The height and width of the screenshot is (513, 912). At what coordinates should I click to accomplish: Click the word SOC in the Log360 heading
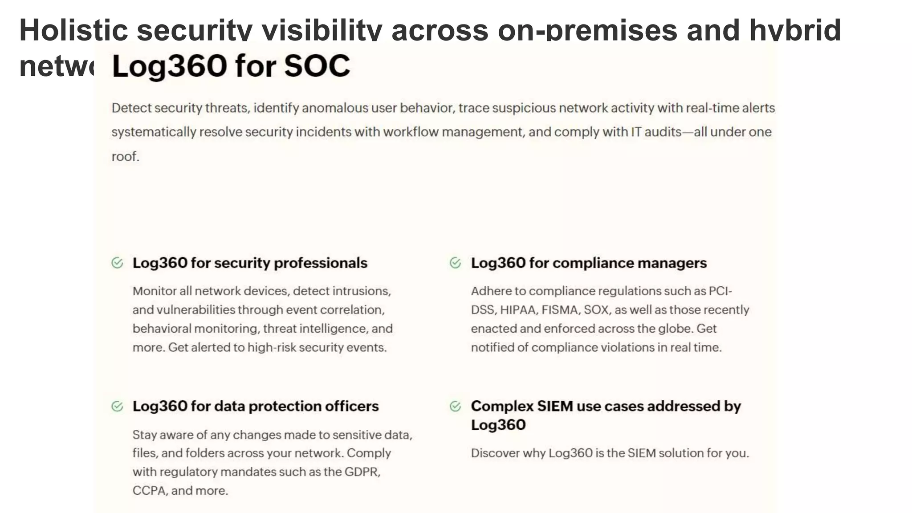[x=317, y=66]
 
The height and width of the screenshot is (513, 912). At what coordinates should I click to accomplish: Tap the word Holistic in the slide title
[x=73, y=30]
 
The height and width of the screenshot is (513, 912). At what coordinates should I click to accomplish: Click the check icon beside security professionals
[x=117, y=263]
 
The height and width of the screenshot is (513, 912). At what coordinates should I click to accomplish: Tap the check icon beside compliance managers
[x=455, y=263]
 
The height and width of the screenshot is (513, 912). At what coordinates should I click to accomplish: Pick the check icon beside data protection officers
[x=117, y=406]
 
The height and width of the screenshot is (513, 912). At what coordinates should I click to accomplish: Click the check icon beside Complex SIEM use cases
[x=455, y=406]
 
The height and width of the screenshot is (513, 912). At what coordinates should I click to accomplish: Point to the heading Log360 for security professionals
[x=250, y=263]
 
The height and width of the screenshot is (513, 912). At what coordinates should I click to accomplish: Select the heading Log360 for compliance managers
[x=589, y=263]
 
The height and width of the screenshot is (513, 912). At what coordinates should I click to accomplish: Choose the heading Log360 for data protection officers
[x=256, y=406]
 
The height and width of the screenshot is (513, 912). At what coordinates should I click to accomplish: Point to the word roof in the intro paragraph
[x=124, y=157]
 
